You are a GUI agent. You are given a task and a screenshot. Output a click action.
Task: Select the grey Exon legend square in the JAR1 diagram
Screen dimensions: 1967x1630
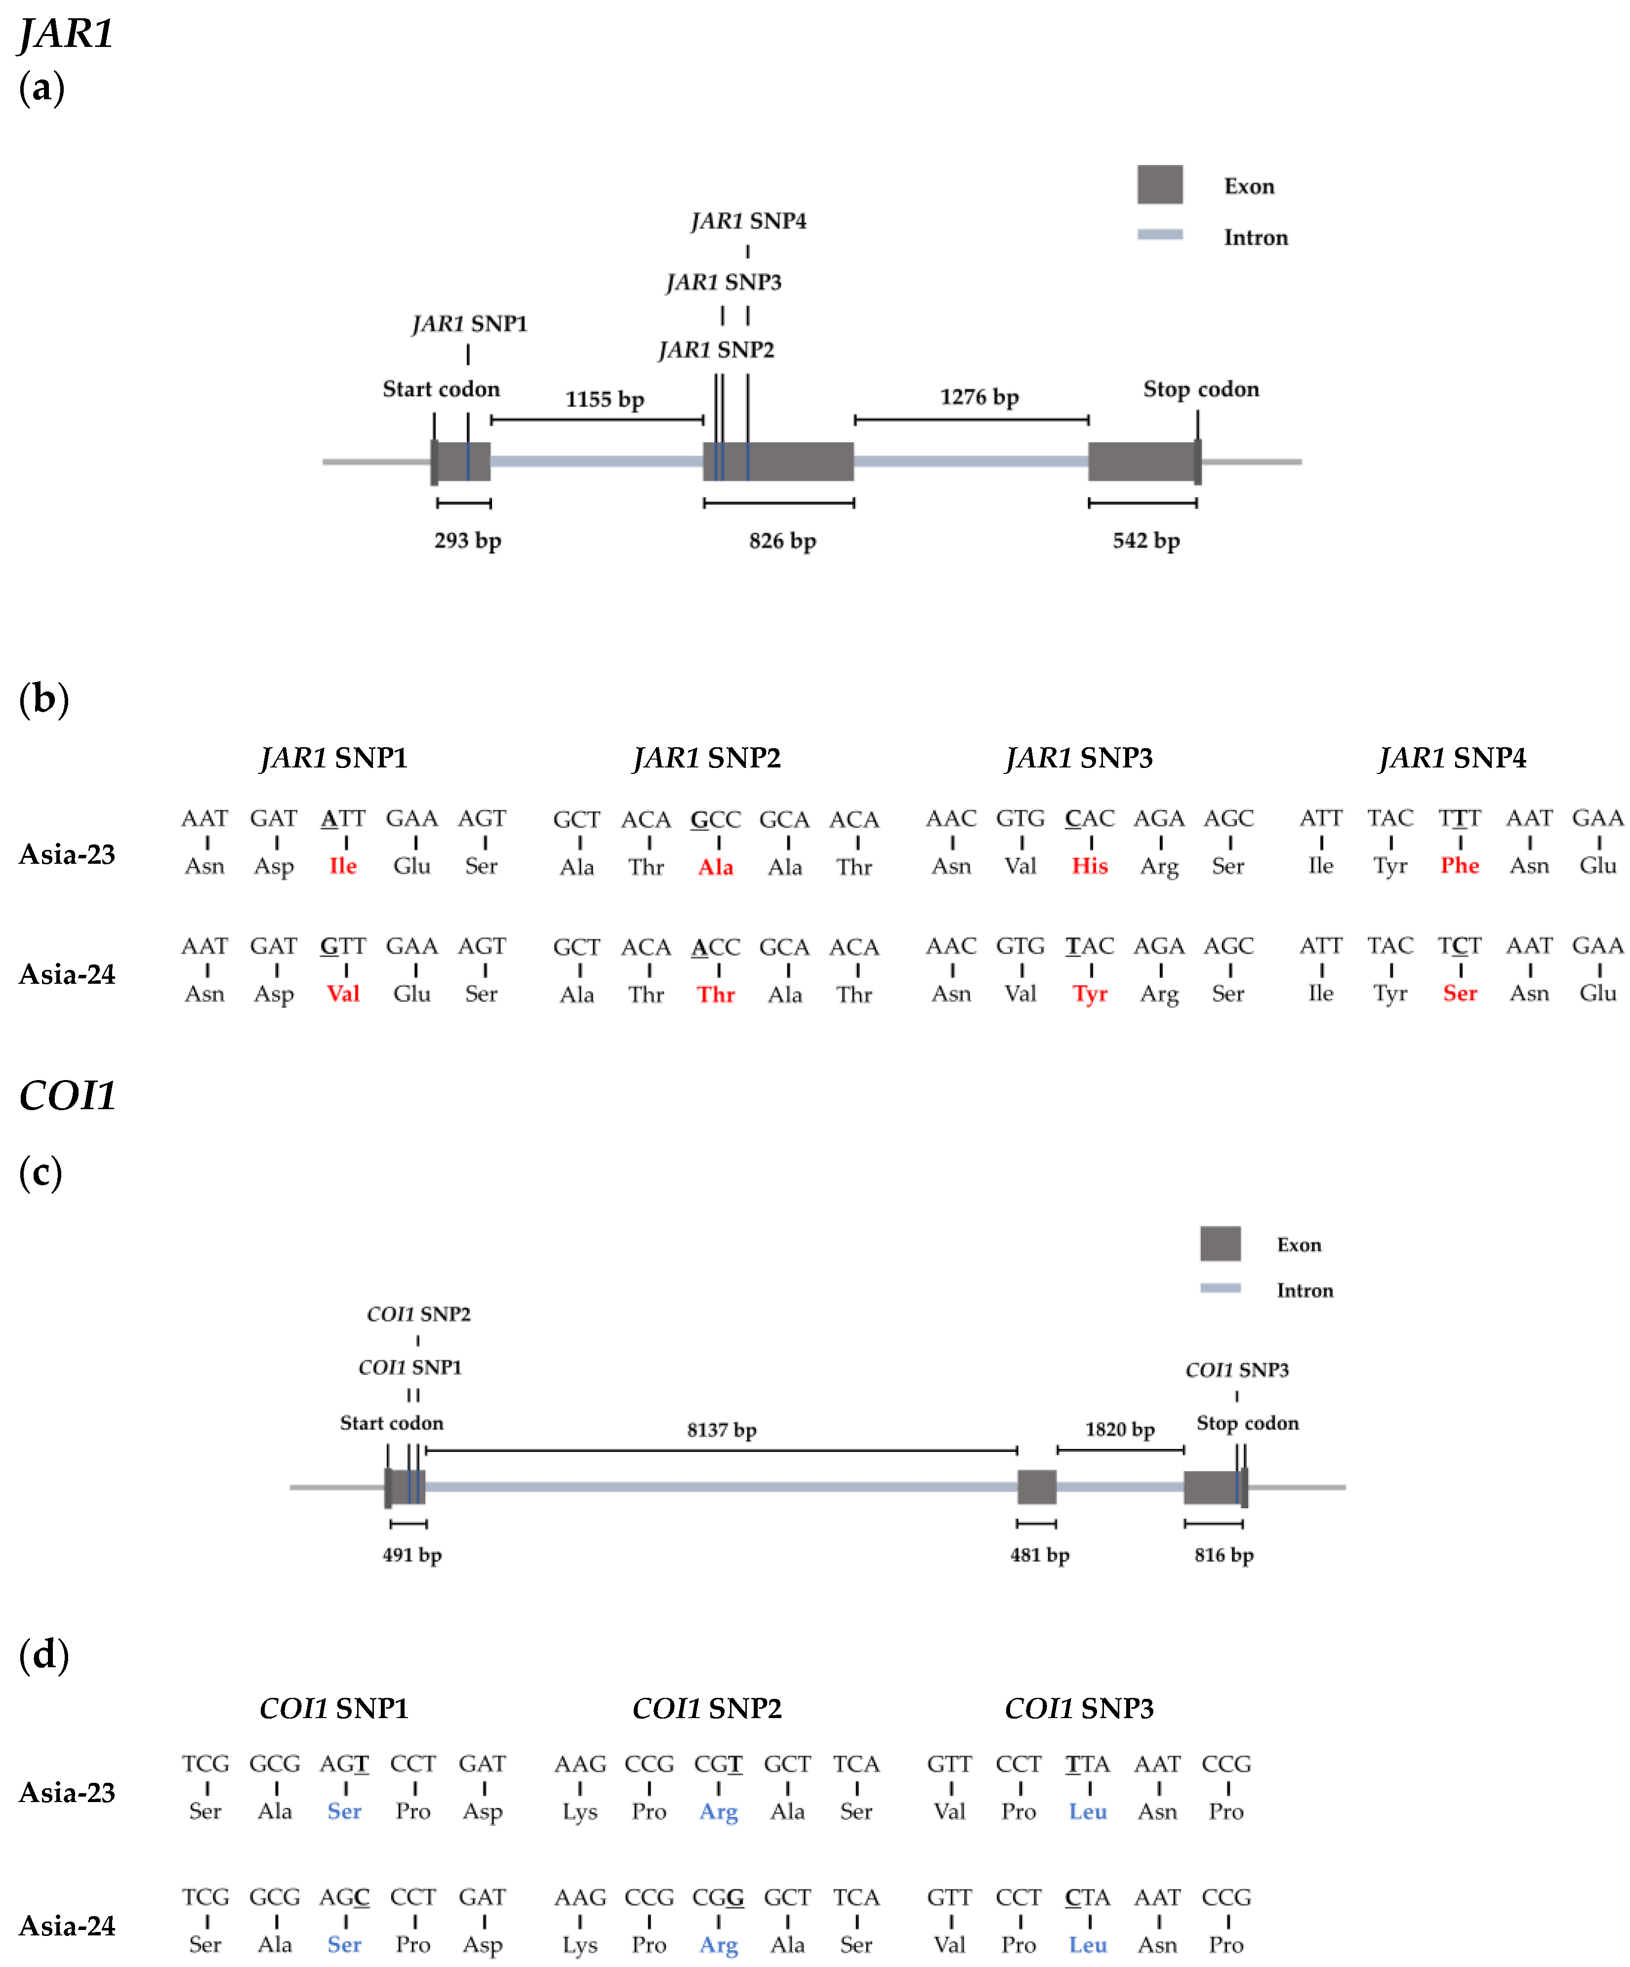[x=1160, y=185]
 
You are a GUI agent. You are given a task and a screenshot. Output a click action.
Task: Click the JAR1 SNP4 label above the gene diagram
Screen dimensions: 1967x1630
[x=748, y=221]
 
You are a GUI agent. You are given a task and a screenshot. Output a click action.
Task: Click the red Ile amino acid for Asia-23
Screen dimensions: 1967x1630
[x=343, y=866]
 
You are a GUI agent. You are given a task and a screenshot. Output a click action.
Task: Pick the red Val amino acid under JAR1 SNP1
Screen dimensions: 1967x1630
[x=343, y=994]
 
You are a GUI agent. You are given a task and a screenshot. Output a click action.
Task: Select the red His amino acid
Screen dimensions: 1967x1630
[x=1090, y=866]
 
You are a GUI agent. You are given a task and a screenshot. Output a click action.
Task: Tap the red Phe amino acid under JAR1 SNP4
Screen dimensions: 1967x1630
[x=1460, y=866]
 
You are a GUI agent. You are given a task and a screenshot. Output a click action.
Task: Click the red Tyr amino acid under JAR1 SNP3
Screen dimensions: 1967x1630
[x=1090, y=994]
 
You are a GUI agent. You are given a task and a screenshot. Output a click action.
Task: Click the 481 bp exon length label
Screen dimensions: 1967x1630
[x=1039, y=1555]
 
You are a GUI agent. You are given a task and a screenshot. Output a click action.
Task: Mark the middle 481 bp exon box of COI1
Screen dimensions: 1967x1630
[x=1036, y=1486]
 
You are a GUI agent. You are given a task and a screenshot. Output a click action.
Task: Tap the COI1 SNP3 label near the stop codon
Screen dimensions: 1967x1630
[x=1236, y=1370]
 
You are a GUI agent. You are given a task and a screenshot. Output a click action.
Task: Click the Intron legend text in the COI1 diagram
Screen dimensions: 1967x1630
[x=1304, y=1291]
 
